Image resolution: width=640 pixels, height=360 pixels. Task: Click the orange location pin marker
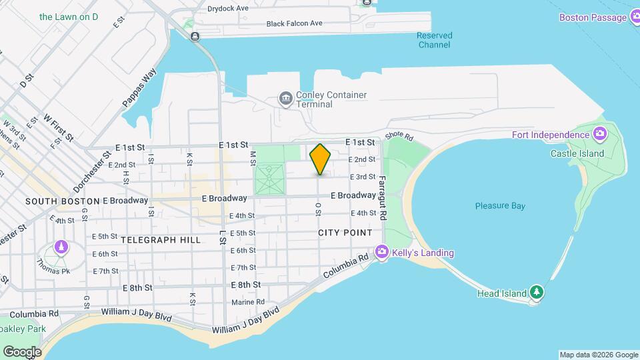pyautogui.click(x=321, y=159)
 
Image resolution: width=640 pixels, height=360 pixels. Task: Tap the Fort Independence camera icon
pyautogui.click(x=600, y=134)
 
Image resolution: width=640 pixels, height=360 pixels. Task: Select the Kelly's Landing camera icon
pyautogui.click(x=383, y=253)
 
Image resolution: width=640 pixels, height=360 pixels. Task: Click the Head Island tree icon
pyautogui.click(x=537, y=293)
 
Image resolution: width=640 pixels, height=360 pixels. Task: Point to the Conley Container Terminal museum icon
pyautogui.click(x=286, y=99)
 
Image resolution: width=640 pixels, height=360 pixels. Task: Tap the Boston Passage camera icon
pyautogui.click(x=633, y=17)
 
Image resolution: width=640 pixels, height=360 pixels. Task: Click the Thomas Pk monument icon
pyautogui.click(x=61, y=247)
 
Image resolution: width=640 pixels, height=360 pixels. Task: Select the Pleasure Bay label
pyautogui.click(x=500, y=206)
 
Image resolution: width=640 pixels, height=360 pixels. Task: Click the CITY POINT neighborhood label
pyautogui.click(x=345, y=233)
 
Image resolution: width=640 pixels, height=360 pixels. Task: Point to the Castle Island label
pyautogui.click(x=577, y=153)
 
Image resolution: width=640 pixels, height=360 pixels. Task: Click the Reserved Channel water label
pyautogui.click(x=435, y=40)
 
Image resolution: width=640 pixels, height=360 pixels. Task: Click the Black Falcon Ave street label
pyautogui.click(x=294, y=23)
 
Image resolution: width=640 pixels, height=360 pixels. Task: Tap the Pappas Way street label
pyautogui.click(x=139, y=87)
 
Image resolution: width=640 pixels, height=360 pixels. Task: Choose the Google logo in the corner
pyautogui.click(x=21, y=351)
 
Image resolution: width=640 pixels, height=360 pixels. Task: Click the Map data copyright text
pyautogui.click(x=598, y=355)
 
